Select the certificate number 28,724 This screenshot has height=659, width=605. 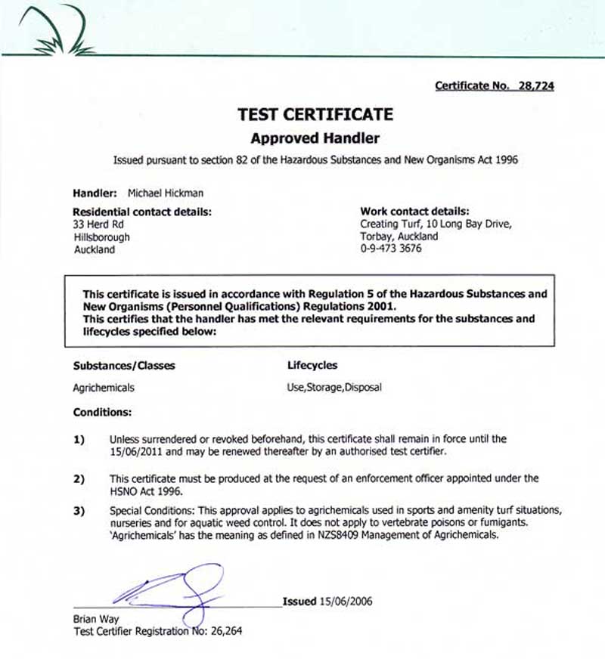coord(536,86)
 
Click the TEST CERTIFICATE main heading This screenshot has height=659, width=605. coord(315,115)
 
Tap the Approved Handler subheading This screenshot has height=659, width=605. coord(315,138)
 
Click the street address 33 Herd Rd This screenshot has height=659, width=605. coord(95,224)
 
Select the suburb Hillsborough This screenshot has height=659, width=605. coord(101,237)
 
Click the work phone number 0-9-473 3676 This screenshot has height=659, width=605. coord(391,249)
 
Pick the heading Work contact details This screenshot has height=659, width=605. coord(414,212)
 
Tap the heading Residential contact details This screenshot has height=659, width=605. coord(142,212)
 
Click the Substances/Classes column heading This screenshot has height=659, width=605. coord(124,366)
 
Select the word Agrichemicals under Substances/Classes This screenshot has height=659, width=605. coord(104,388)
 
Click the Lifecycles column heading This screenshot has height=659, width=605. coord(312,366)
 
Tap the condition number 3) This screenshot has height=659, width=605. coord(79,512)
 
